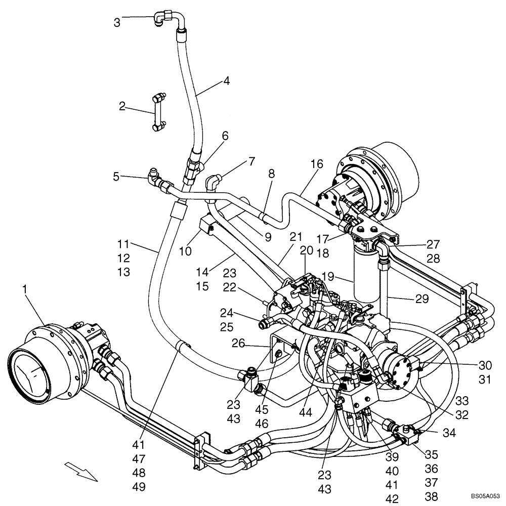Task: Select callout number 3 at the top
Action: (117, 22)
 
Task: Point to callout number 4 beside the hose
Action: (227, 81)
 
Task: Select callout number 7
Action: (251, 161)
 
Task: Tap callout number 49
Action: (139, 487)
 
